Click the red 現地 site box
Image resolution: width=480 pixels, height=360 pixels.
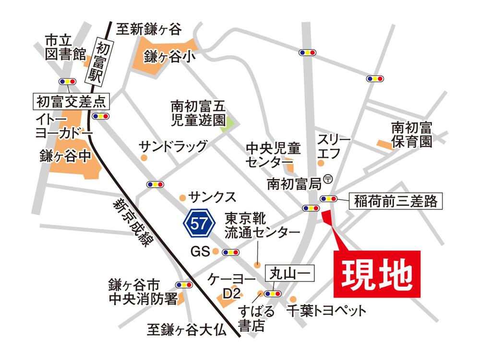click(x=377, y=274)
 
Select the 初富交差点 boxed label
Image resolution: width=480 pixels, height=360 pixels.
click(x=71, y=101)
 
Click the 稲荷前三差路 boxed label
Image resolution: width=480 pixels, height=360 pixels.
click(x=396, y=201)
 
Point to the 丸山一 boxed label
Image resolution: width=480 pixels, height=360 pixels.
click(x=289, y=274)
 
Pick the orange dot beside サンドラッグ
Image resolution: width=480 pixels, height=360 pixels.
click(x=143, y=157)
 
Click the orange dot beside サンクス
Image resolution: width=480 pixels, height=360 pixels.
click(x=182, y=197)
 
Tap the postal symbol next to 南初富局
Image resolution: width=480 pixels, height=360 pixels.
click(x=328, y=178)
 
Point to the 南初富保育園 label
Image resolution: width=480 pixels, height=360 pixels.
click(x=412, y=135)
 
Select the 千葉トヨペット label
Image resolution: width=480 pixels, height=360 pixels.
click(x=326, y=311)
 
